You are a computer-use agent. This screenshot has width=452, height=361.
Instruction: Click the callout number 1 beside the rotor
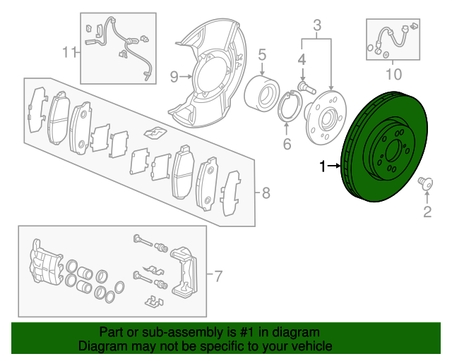pos(323,166)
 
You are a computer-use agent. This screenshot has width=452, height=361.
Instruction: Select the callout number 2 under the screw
pos(427,212)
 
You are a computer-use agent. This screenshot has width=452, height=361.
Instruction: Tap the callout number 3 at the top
pos(317,26)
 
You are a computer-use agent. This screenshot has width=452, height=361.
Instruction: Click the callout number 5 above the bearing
pos(261,54)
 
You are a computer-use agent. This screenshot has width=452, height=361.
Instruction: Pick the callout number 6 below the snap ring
pos(286,145)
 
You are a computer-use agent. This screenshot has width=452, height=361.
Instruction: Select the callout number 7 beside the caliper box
pos(218,274)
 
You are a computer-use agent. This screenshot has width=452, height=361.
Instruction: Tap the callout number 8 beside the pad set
pos(266,192)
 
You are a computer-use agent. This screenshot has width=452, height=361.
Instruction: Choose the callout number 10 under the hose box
pos(393,73)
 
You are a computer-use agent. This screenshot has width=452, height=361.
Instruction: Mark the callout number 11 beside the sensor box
pos(68,51)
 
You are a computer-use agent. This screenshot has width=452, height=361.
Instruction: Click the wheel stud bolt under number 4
pos(303,87)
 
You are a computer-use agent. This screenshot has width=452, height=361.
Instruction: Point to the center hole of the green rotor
pos(393,151)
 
